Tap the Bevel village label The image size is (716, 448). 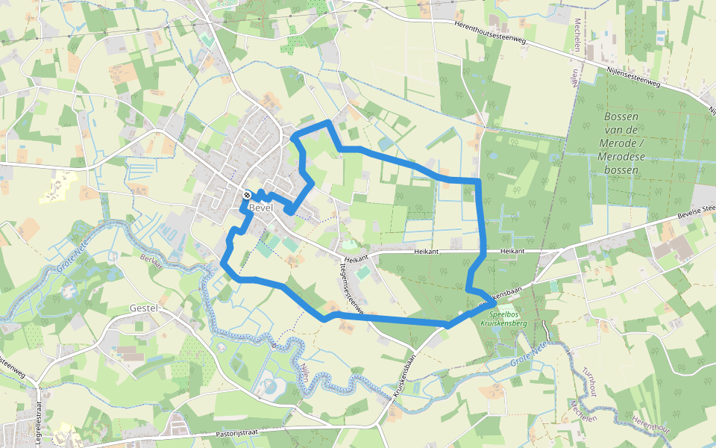pos(262,208)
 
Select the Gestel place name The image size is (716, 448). pos(145,308)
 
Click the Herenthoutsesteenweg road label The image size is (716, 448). pos(489,32)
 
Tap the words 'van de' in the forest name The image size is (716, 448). pos(621,131)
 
